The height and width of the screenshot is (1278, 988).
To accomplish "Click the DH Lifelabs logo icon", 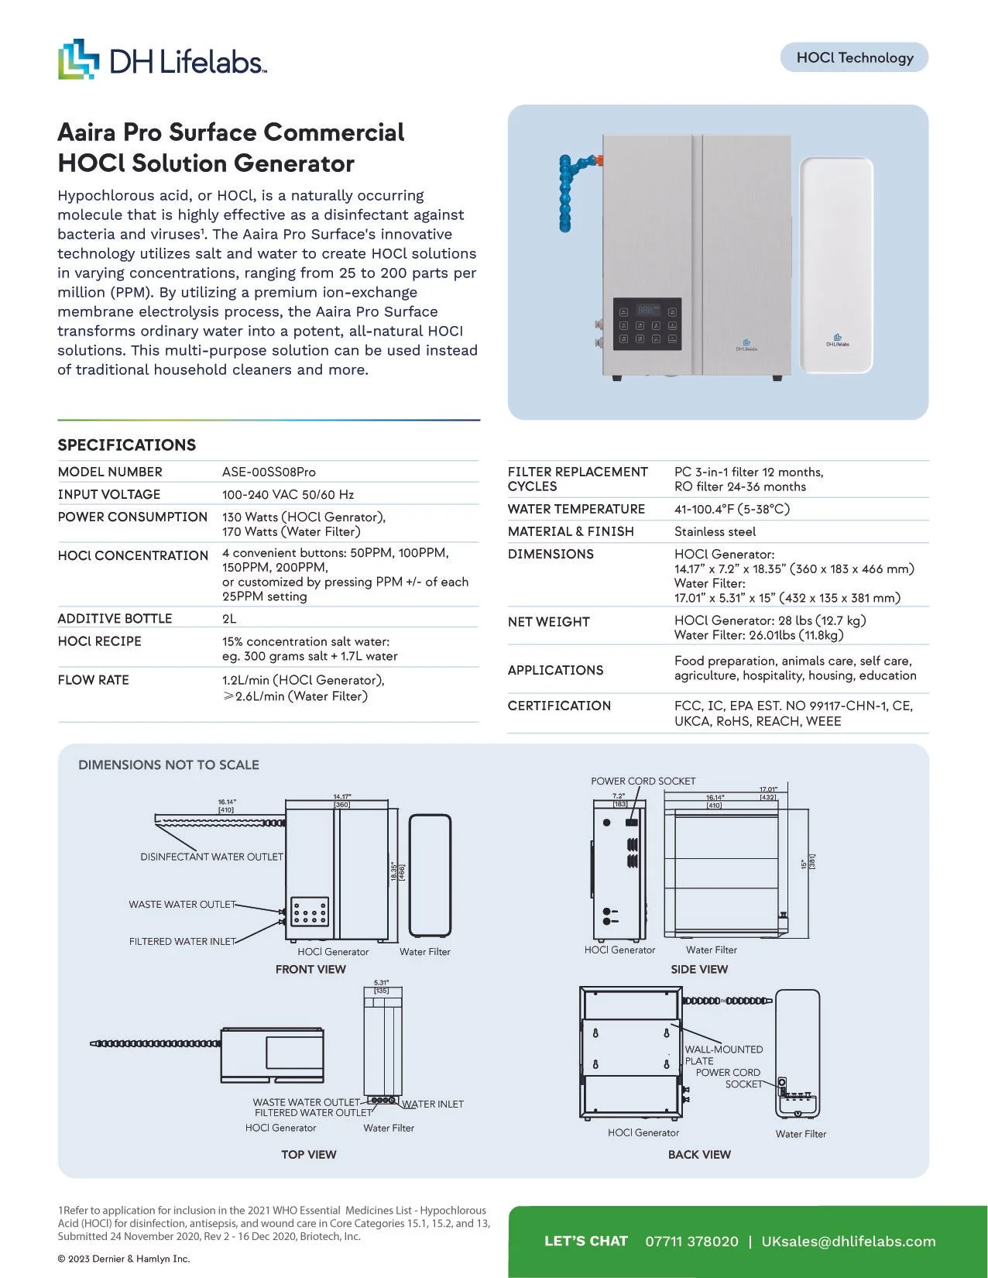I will coord(78,59).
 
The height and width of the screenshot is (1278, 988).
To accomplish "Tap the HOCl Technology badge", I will coord(854,57).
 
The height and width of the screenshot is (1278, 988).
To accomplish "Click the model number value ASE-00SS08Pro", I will coord(269,472).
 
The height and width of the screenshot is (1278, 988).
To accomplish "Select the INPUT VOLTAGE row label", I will coord(109,494).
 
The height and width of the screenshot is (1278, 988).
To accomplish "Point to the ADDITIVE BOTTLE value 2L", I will coord(229,618).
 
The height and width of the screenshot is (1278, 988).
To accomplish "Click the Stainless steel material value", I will coord(715,531).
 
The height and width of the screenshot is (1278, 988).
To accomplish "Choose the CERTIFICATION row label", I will coord(559,706).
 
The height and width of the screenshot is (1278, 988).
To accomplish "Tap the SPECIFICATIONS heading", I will coord(127,445).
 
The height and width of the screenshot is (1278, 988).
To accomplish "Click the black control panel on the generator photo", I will coord(647,324).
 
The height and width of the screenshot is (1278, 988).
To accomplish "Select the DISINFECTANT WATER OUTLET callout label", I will coord(211,857).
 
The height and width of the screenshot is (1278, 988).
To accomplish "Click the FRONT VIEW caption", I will coord(310,969).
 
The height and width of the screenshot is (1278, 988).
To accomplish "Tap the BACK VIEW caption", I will coord(699,1154).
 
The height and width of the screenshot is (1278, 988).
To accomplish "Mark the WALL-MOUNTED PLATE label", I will coord(723,1055).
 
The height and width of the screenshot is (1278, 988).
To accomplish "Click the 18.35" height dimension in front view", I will coord(396,871).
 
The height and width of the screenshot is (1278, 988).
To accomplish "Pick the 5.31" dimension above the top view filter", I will coord(381,986).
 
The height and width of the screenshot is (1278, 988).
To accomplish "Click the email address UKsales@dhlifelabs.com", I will coord(849,1241).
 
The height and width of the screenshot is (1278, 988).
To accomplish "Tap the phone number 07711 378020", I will coord(691,1241).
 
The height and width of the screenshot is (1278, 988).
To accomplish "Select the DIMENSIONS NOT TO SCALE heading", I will coord(169,764).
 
